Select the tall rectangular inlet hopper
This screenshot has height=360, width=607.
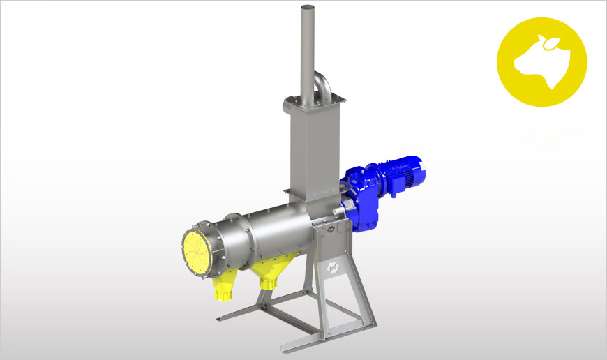(310, 147)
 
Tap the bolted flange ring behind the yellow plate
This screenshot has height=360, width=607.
(216, 244)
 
